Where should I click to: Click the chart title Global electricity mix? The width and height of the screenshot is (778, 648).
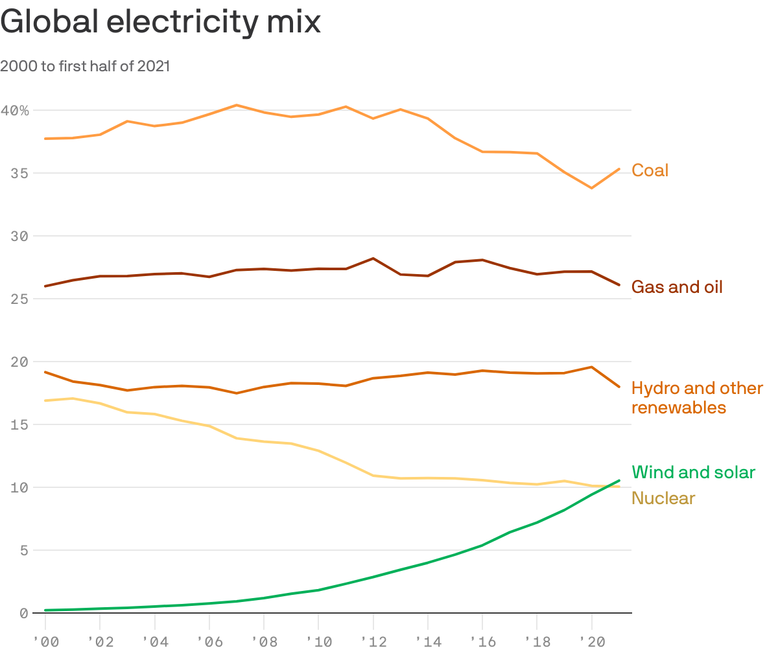pyautogui.click(x=161, y=23)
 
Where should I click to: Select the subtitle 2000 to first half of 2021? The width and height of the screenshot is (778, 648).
pyautogui.click(x=85, y=66)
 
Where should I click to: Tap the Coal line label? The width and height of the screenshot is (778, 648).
pyautogui.click(x=650, y=170)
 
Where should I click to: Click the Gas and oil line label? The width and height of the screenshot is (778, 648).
pyautogui.click(x=677, y=286)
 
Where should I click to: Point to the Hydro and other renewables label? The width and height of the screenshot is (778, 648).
pyautogui.click(x=697, y=398)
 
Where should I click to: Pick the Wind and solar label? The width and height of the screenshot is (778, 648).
pyautogui.click(x=693, y=472)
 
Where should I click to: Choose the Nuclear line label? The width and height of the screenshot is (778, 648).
pyautogui.click(x=663, y=498)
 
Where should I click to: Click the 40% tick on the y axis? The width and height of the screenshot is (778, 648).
pyautogui.click(x=15, y=111)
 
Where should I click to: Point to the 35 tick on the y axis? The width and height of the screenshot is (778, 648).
pyautogui.click(x=19, y=173)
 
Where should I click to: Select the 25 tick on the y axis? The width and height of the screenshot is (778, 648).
pyautogui.click(x=19, y=299)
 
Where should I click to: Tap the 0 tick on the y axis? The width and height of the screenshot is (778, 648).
pyautogui.click(x=24, y=613)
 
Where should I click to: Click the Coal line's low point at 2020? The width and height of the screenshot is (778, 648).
pyautogui.click(x=591, y=188)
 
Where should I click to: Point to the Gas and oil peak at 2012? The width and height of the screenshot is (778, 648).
pyautogui.click(x=373, y=258)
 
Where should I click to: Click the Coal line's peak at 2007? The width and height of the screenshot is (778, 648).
pyautogui.click(x=237, y=105)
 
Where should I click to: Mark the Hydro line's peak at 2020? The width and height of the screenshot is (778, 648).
pyautogui.click(x=591, y=367)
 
